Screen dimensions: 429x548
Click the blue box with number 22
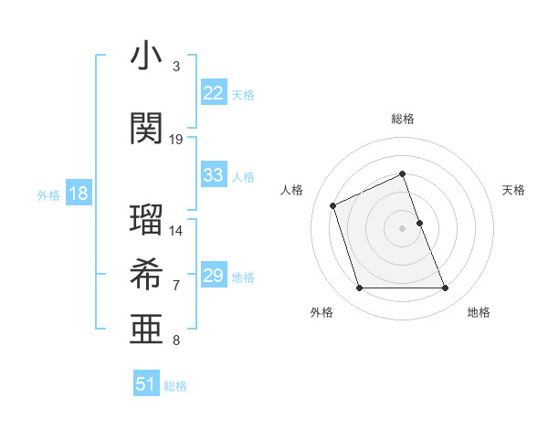(213, 93)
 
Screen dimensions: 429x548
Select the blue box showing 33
(213, 175)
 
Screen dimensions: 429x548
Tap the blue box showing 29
(213, 276)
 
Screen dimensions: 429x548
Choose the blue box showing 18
(78, 194)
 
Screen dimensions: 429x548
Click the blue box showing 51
(146, 384)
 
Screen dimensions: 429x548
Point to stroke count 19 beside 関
(176, 139)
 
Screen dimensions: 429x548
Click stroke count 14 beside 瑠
(176, 230)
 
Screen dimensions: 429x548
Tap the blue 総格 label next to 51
(175, 386)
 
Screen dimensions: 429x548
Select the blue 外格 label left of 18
(48, 194)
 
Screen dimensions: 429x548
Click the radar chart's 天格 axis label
(513, 190)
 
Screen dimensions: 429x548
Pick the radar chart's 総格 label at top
(403, 119)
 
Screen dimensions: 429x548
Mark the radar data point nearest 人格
(333, 204)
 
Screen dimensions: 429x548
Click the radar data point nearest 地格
(446, 288)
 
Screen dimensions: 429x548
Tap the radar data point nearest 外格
(359, 288)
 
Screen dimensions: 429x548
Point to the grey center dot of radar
(403, 227)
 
